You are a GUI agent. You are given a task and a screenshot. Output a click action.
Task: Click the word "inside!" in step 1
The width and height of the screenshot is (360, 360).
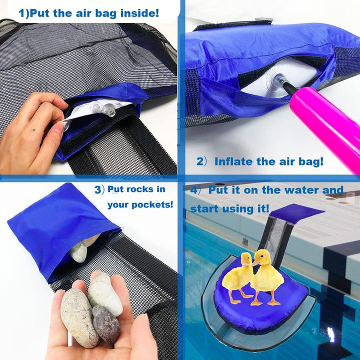pyautogui.click(x=139, y=13)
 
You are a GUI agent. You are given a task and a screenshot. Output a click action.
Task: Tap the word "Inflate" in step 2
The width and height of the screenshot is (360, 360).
pyautogui.click(x=233, y=161)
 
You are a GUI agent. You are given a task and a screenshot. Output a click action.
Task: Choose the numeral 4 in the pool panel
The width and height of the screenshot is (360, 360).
pyautogui.click(x=194, y=190)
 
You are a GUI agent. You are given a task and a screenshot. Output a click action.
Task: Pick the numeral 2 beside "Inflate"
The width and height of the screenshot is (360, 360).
pyautogui.click(x=199, y=161)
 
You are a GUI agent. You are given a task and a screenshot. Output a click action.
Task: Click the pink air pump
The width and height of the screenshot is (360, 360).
pyautogui.click(x=326, y=128)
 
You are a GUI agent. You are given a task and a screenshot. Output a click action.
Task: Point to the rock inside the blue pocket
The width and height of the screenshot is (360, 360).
pyautogui.click(x=79, y=251)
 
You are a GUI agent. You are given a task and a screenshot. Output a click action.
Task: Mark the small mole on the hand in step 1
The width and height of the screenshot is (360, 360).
pyautogui.click(x=34, y=130)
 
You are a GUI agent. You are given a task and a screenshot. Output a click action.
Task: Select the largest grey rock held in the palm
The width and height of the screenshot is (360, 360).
pyautogui.click(x=78, y=317)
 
